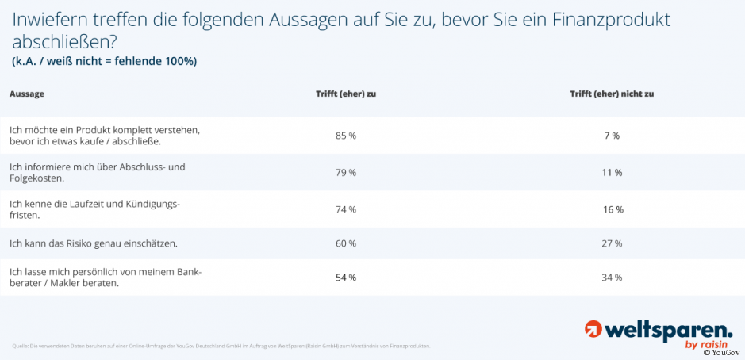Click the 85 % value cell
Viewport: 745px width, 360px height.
(346, 136)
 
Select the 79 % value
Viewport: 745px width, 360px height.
(346, 172)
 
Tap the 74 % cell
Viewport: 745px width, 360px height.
(346, 209)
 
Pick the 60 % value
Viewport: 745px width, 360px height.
(346, 243)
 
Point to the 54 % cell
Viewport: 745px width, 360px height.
(346, 278)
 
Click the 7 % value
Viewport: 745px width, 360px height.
(611, 136)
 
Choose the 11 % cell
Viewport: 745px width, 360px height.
(612, 172)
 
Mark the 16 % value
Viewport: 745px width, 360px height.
(613, 209)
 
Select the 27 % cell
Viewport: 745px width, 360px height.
(612, 243)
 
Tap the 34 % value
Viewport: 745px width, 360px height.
(612, 278)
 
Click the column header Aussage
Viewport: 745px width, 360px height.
(27, 94)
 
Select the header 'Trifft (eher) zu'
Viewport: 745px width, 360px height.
(346, 94)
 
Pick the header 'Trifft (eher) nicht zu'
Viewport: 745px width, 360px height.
(612, 94)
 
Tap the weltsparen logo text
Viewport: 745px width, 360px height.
(667, 329)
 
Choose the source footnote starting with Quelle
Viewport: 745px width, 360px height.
(221, 346)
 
